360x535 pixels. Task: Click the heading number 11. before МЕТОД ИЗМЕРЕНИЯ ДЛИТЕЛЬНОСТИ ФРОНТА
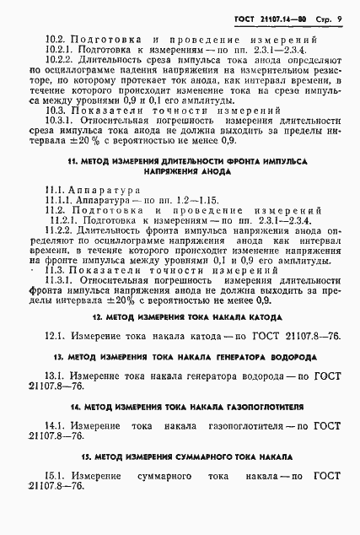click(x=76, y=160)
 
